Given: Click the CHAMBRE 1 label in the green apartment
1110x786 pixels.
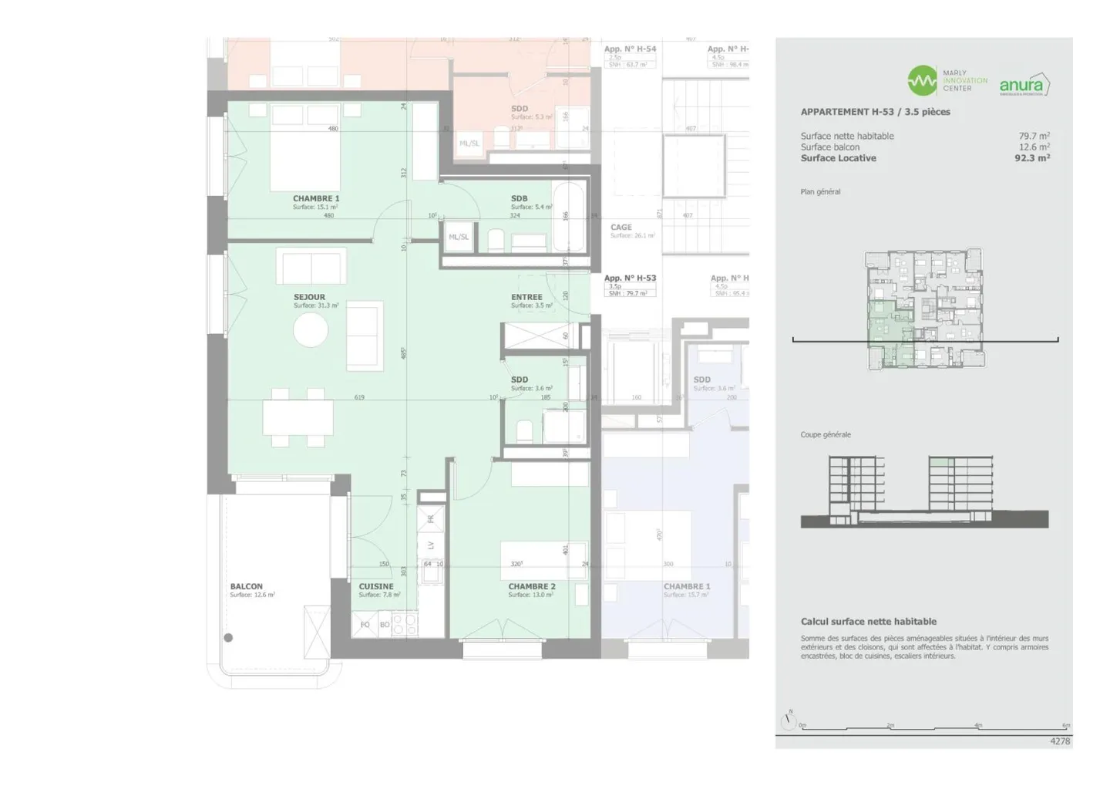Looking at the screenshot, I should click(315, 199).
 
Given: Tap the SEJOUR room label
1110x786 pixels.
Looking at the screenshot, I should click(309, 297).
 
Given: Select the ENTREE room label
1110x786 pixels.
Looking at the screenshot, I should click(526, 297).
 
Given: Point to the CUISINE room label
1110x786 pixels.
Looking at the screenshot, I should click(376, 586).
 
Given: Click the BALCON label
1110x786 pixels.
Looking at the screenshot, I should click(246, 586).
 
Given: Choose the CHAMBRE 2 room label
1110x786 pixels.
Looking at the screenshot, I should click(531, 586).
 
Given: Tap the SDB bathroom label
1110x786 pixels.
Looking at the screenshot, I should click(519, 199).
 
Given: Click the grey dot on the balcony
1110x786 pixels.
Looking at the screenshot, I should click(228, 638).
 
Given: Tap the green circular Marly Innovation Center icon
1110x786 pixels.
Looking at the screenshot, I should click(922, 80).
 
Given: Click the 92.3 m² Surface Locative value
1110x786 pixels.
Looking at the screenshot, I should click(1031, 158).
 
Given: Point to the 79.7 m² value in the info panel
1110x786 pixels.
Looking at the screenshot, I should click(1034, 136).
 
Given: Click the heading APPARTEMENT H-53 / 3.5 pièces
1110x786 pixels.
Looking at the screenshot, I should click(875, 112).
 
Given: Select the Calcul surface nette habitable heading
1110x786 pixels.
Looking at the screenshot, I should click(868, 622).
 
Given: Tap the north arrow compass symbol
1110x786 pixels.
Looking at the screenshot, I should click(788, 721).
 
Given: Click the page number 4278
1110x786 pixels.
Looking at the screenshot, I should click(1060, 741).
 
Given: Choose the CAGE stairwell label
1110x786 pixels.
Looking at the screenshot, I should click(621, 228).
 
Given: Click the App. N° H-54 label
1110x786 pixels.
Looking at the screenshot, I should click(630, 49).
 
